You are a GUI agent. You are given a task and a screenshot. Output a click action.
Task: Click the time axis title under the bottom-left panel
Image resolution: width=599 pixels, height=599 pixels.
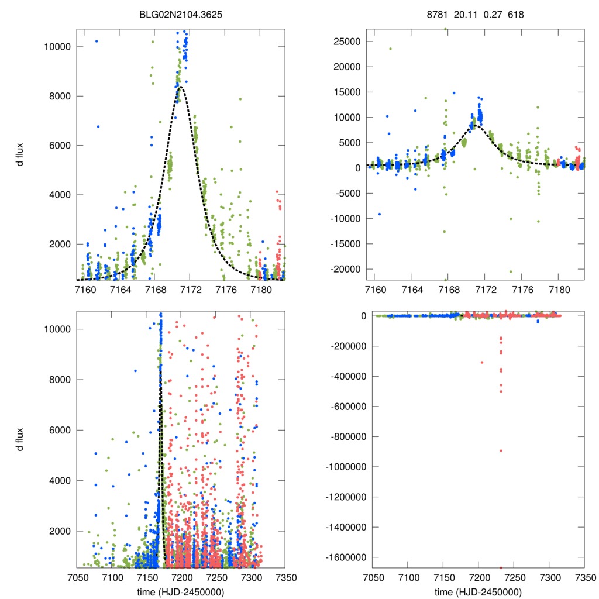coord(180,591)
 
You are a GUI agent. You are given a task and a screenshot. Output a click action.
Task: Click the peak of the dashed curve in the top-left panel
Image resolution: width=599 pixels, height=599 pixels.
coord(181,87)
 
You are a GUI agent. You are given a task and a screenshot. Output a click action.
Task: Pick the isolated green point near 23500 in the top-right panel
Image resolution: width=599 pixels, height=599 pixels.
coord(390,49)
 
